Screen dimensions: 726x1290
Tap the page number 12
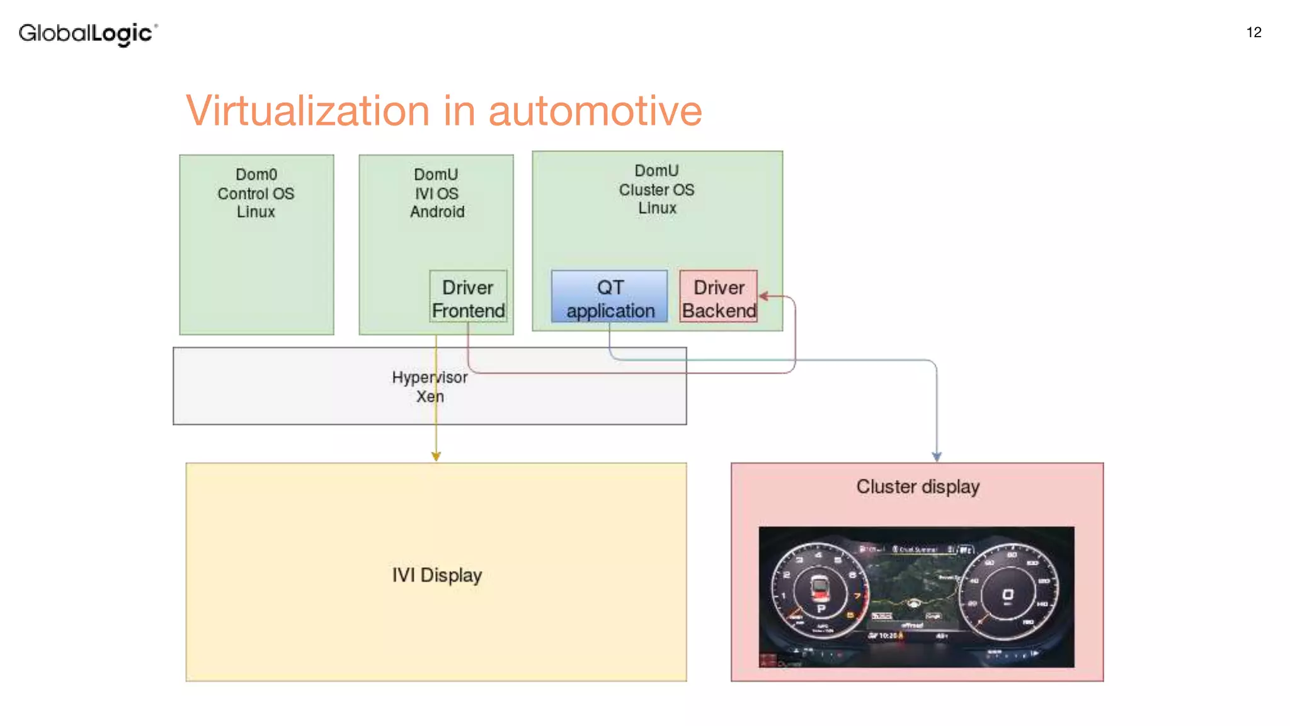coord(1253,33)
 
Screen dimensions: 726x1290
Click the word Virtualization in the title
coord(307,111)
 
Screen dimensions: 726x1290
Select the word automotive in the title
coord(595,111)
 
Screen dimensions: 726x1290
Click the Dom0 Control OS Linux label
coord(256,193)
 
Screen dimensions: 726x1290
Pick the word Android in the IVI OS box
coord(437,212)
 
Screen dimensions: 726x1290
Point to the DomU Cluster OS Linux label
coord(656,189)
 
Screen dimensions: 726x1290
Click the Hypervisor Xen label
coord(430,386)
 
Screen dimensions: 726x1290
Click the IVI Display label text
coord(437,575)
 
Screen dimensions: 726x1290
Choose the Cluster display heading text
coord(917,487)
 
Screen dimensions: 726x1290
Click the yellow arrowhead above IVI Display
coord(436,456)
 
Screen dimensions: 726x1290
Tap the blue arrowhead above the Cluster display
coord(937,456)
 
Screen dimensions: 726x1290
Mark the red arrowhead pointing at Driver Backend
coord(763,296)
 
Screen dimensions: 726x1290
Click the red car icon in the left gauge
coord(819,587)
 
